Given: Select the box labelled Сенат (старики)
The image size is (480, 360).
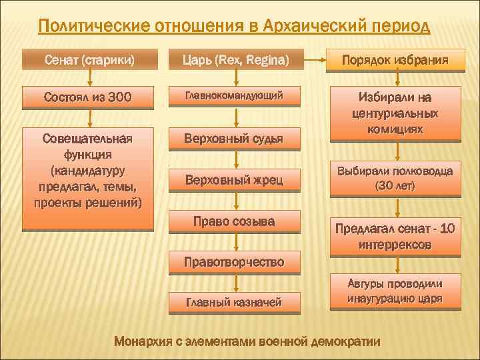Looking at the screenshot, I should pos(89,61).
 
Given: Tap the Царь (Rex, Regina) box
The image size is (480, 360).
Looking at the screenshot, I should pos(236,61).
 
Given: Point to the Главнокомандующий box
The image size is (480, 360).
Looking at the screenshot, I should pos(234,96).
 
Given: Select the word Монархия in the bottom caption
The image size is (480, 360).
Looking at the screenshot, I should pos(143,342).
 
